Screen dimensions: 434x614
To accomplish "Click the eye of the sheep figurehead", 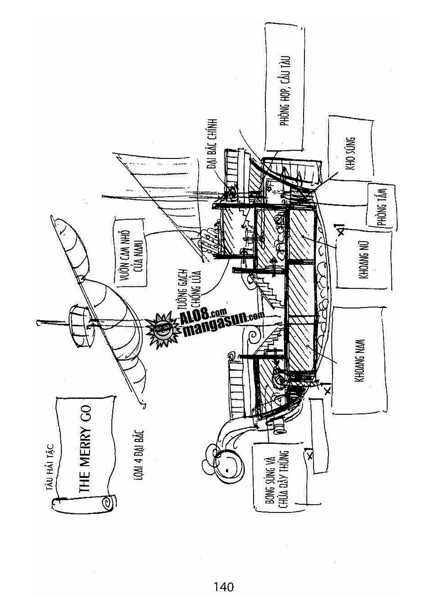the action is [228, 469].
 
